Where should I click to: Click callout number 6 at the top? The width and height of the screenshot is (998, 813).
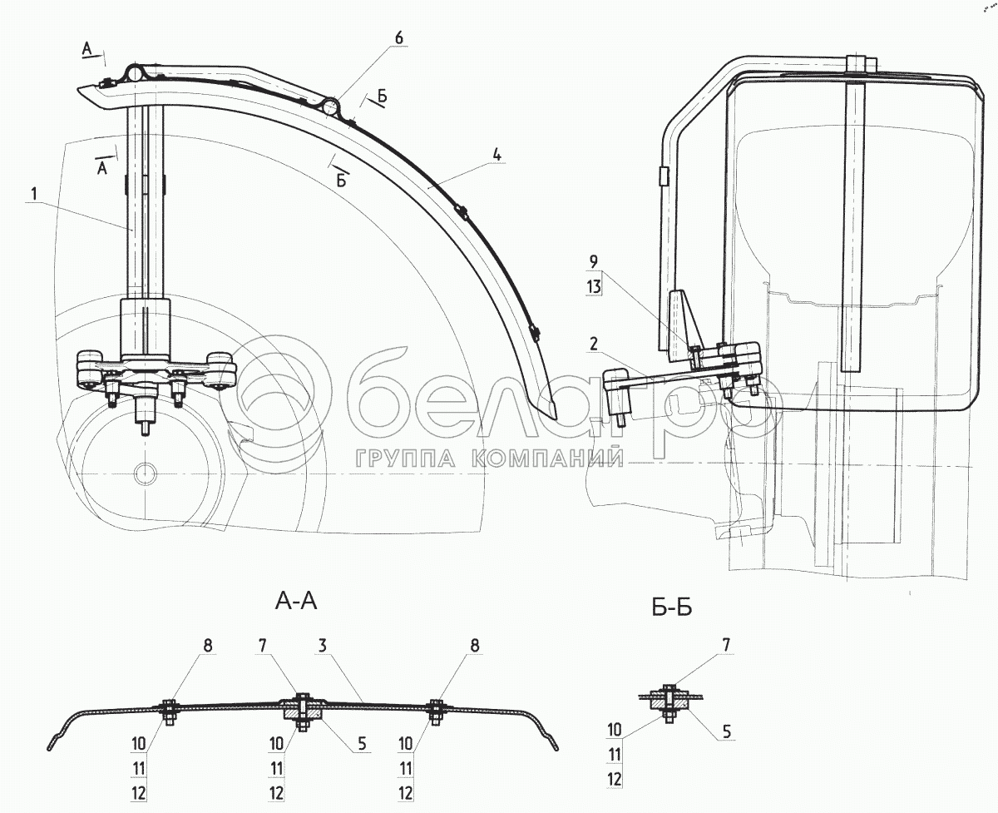tap(398, 37)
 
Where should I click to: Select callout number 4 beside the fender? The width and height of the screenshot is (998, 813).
tap(497, 154)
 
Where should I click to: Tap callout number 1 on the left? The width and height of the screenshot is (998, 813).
tap(34, 194)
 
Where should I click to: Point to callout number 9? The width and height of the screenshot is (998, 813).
tap(594, 262)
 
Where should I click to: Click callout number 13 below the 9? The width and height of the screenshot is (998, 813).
tap(594, 285)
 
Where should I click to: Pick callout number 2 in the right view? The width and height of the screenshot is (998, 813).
tap(594, 345)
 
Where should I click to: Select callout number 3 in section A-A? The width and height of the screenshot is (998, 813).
tap(321, 647)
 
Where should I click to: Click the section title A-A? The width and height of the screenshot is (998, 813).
tap(295, 602)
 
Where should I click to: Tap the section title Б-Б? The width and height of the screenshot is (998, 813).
tap(672, 608)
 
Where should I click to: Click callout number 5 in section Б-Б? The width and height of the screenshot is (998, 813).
tap(727, 732)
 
